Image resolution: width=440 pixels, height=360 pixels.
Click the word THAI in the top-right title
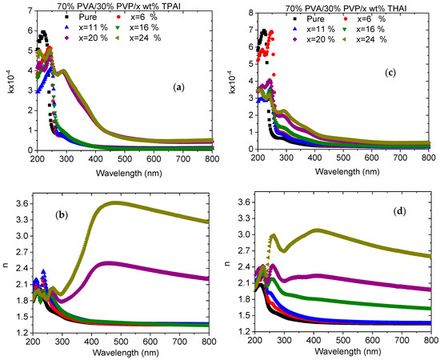point(408,6)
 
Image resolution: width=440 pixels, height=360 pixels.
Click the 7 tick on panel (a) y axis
point(26,11)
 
